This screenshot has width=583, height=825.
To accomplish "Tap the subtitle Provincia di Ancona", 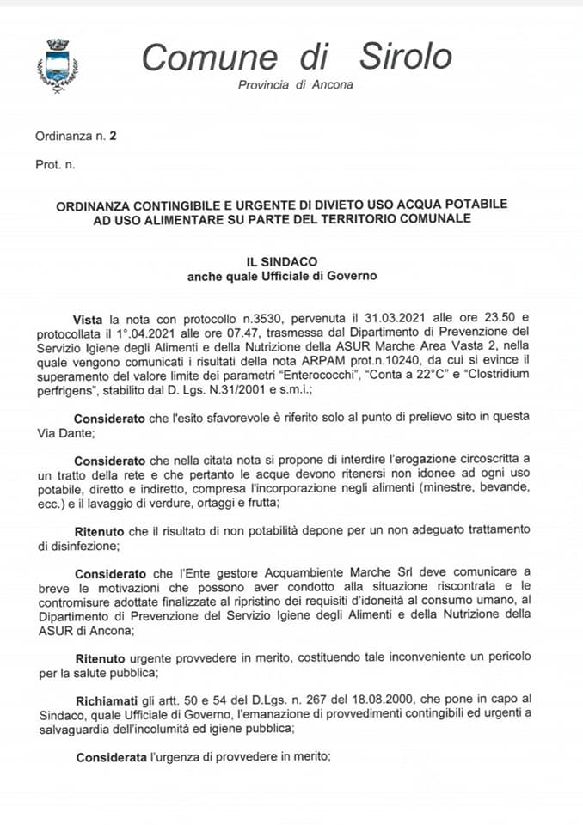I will [x=295, y=85].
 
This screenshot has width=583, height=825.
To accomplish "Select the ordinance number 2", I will [x=113, y=136].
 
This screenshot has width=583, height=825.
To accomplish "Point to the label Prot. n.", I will [x=55, y=163].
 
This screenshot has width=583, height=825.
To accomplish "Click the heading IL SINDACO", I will [x=282, y=261].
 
